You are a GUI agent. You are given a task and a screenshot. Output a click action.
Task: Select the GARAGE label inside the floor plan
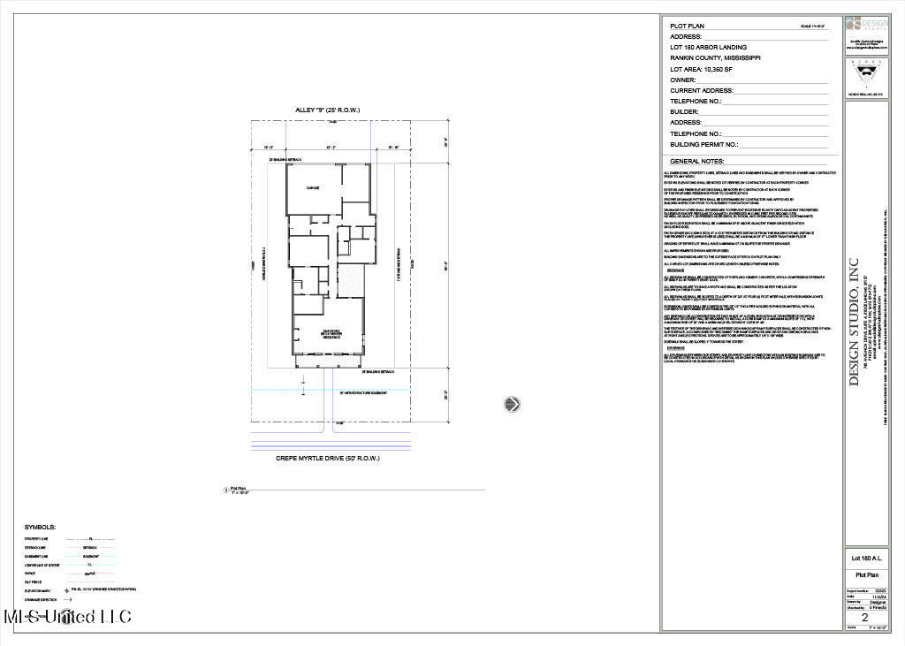pos(312,188)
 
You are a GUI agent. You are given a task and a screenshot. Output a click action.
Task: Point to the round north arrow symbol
pos(512,405)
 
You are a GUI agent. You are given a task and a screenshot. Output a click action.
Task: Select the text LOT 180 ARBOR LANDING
pos(708,47)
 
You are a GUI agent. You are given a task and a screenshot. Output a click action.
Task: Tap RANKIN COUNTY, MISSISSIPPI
pos(715,57)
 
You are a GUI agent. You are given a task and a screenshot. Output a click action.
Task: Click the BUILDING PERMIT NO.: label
pos(703,144)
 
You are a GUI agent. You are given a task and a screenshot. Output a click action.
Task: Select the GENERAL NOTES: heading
pos(697,162)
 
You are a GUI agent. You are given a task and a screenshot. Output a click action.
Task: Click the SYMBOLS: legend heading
pos(41,526)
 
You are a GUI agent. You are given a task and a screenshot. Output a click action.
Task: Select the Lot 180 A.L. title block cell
pos(866,559)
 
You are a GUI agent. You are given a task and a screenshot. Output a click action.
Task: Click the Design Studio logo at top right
pos(865,27)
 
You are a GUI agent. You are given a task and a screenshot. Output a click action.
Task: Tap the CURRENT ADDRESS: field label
pos(703,90)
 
